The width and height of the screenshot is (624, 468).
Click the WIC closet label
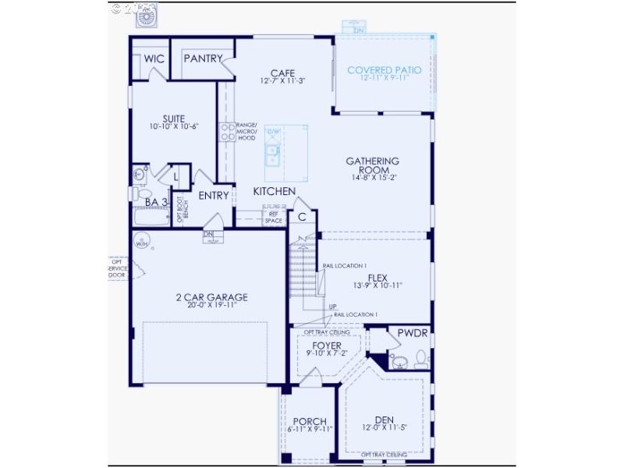coord(153,58)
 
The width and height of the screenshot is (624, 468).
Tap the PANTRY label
coord(203,58)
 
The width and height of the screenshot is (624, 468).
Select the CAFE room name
coord(282,71)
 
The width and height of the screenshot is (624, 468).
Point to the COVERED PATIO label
coord(385,69)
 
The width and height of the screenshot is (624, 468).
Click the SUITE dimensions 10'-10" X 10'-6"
coord(168,126)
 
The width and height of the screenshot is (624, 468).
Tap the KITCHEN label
coord(274,191)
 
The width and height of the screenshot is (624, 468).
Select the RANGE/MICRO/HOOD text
coord(246,132)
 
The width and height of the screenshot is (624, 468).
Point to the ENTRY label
coord(214,196)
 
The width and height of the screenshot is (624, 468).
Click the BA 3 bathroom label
coord(157,202)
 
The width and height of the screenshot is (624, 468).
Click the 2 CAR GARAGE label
coord(207,296)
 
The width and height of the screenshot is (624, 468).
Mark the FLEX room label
coord(378,277)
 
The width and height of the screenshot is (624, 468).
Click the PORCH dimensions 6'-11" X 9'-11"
coord(310,429)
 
